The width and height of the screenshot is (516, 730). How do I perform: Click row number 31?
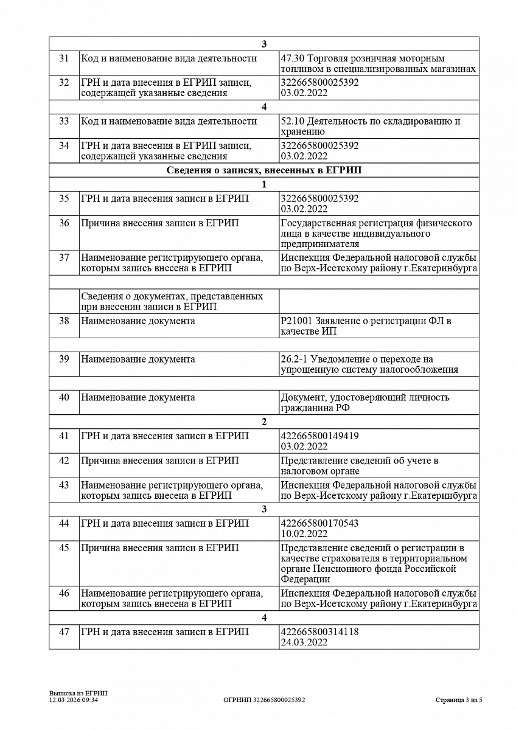tap(64, 59)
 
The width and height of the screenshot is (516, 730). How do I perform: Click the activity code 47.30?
tap(293, 59)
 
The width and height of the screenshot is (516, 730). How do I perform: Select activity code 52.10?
tap(293, 122)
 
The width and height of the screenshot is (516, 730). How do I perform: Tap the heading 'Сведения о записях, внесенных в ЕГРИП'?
tap(263, 170)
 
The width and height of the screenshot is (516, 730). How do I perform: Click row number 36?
tap(64, 223)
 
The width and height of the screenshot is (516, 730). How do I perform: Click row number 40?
tap(64, 397)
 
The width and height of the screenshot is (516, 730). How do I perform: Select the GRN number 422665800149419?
tap(319, 436)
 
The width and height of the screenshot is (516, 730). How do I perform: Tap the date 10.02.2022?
tap(304, 534)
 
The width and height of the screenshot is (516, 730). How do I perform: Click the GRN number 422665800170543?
tap(319, 523)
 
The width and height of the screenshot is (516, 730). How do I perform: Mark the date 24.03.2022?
tap(304, 642)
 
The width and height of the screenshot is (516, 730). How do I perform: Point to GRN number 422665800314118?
tap(319, 632)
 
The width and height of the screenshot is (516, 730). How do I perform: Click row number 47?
tap(64, 632)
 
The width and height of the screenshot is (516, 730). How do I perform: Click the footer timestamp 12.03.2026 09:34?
tap(74, 700)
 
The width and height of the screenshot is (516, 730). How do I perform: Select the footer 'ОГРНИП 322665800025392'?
tap(264, 700)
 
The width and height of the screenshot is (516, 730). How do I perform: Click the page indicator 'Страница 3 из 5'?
tap(459, 700)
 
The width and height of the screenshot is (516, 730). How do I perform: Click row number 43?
tap(64, 485)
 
